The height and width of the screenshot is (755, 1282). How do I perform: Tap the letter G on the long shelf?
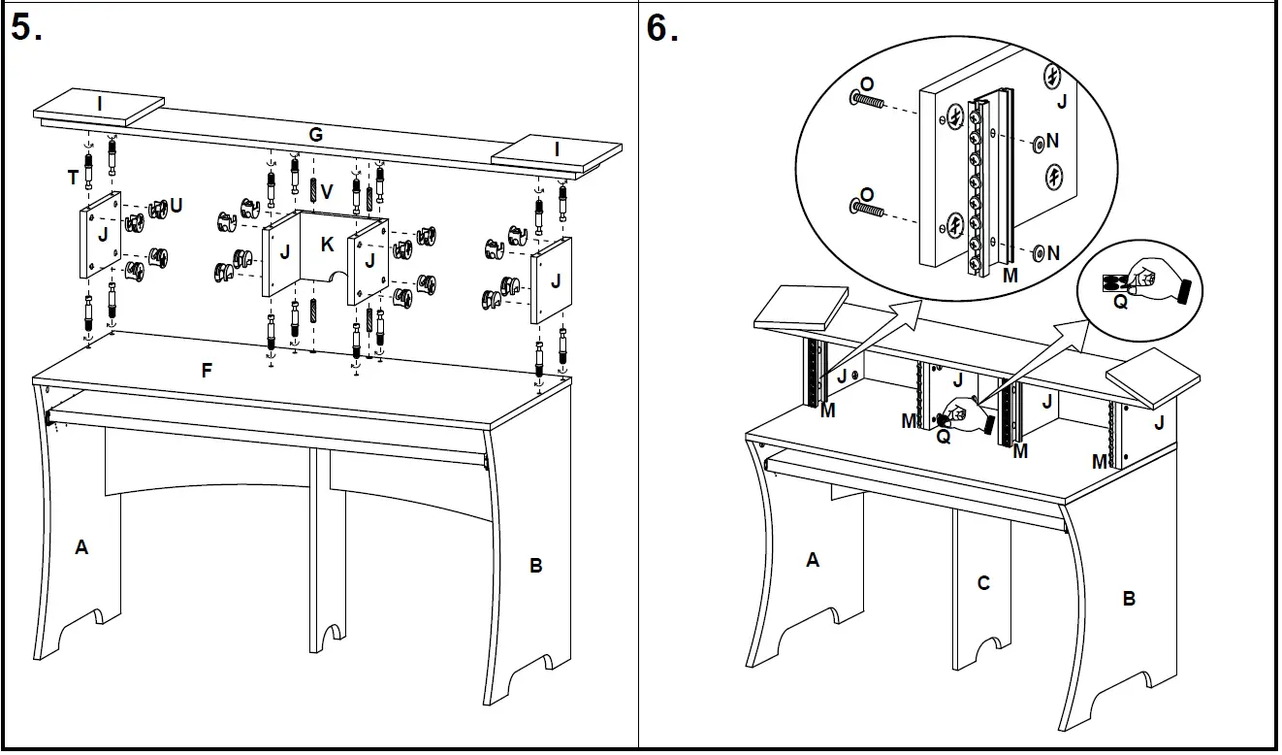coord(315,135)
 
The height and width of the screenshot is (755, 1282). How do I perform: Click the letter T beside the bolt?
coord(72,177)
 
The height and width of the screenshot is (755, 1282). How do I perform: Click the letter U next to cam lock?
coord(176,205)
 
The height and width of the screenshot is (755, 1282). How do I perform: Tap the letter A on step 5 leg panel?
coord(81,547)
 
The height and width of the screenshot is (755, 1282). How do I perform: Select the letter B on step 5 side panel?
coord(535,566)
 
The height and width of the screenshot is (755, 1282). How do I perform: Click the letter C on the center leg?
coord(983,583)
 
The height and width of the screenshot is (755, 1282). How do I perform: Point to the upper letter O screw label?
coord(867,85)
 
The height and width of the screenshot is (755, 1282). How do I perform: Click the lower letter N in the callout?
coord(1053,253)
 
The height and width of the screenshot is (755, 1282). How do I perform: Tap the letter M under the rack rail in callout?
coord(1010,275)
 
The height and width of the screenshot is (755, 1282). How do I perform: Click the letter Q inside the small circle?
coord(1120,302)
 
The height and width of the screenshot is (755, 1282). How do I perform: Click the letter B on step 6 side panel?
coord(1129,599)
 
